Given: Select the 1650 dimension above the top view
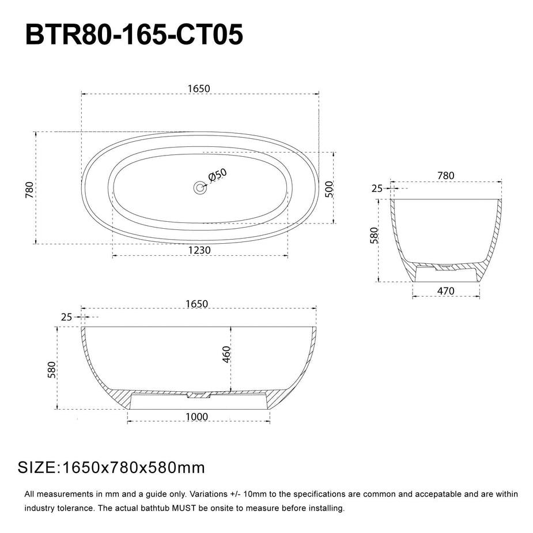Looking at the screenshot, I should coord(199,89).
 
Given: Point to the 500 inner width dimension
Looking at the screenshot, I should coord(329,188).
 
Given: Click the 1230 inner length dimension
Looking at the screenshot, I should coord(199,250).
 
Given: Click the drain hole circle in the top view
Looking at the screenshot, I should coord(200,187).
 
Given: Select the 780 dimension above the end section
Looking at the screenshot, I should coord(445,176).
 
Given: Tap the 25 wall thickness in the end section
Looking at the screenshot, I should coord(377,188).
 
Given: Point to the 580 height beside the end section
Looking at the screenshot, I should coord(373,236).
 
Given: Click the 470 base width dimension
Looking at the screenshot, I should coord(446,291).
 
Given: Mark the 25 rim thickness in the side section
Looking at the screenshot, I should coord(66,317).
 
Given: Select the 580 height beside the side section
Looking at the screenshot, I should coord(51,369).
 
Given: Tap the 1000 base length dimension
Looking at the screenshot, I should coord(197,417).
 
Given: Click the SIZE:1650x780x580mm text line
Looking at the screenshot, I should coord(111,467).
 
